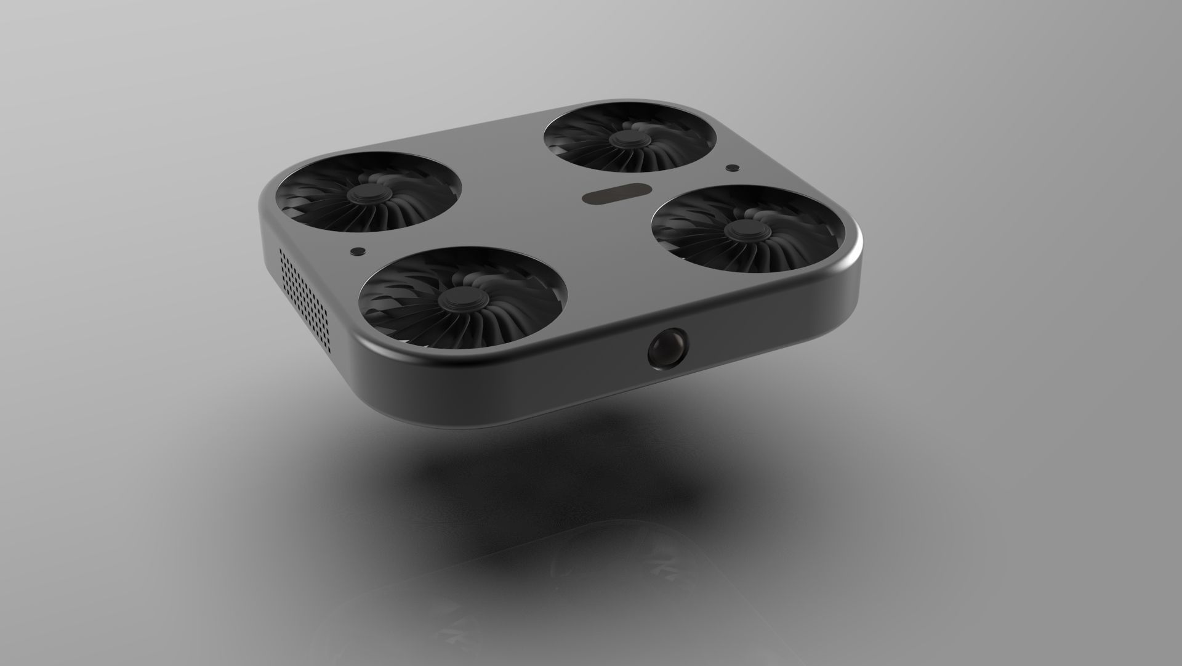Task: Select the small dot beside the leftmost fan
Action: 356,251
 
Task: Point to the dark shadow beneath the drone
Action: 554,481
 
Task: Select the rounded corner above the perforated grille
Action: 271,191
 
